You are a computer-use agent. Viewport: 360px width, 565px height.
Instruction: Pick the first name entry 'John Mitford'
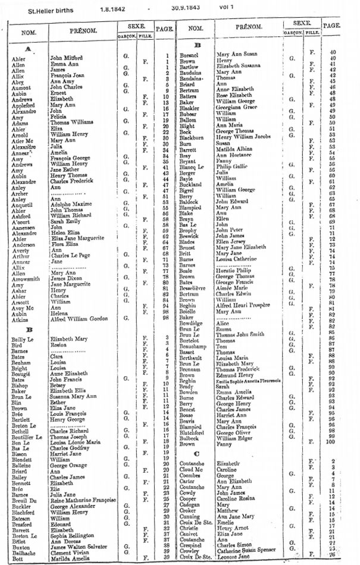pyautogui.click(x=66, y=58)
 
